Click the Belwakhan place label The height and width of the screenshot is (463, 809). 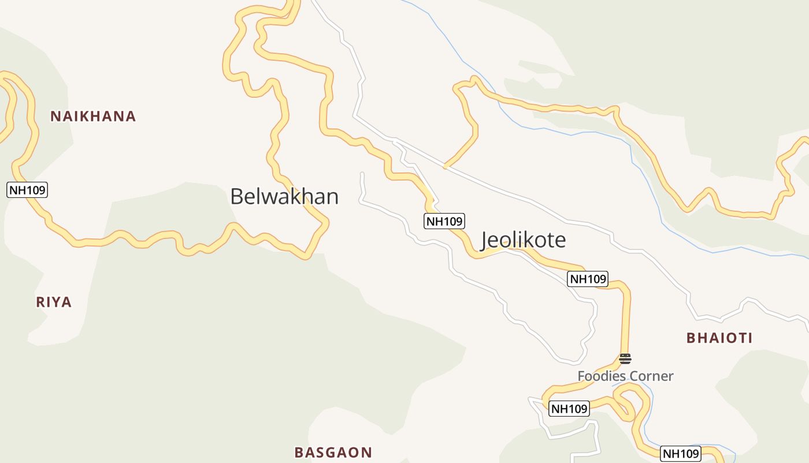click(284, 197)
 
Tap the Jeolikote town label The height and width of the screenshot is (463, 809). click(524, 240)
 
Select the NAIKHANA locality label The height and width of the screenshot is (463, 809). click(93, 116)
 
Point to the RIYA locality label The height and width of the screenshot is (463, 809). click(54, 302)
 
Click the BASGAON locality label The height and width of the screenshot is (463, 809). click(333, 453)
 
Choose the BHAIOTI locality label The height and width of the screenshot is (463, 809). click(719, 338)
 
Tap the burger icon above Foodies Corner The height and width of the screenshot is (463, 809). click(625, 359)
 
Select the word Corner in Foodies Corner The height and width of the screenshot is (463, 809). click(651, 376)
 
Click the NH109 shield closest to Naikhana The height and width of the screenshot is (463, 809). click(27, 189)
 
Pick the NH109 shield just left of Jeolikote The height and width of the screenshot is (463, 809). click(444, 221)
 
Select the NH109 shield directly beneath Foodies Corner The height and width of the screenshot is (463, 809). click(569, 409)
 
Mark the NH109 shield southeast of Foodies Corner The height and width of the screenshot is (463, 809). click(681, 454)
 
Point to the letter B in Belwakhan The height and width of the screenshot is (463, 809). click(236, 197)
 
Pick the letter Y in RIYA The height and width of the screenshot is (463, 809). click(57, 302)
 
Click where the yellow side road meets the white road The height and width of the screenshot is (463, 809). click(444, 167)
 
